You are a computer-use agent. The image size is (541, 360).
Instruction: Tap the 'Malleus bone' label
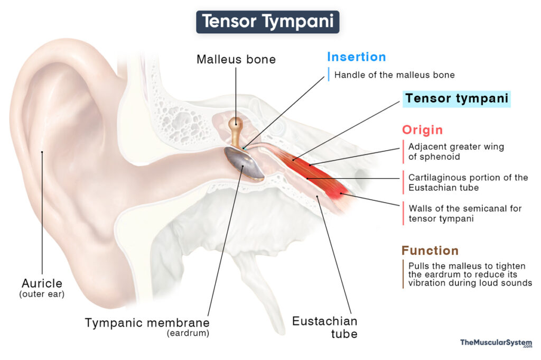(x=236, y=59)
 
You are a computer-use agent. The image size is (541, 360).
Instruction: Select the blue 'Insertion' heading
(x=356, y=57)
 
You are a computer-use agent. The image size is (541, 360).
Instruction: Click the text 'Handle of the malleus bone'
(x=394, y=75)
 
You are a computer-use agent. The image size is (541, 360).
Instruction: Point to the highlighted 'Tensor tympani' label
(x=456, y=99)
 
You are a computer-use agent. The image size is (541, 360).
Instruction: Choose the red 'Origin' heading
(x=422, y=130)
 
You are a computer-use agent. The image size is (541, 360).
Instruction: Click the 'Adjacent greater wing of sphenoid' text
(x=456, y=152)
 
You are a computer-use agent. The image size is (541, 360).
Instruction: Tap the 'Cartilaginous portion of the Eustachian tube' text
(x=468, y=182)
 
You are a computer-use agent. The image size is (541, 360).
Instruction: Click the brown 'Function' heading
(x=430, y=251)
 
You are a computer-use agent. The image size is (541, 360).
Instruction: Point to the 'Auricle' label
(x=42, y=283)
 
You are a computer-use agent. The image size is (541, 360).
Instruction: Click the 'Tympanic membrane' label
(x=147, y=322)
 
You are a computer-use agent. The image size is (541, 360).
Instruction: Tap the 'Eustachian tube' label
(x=325, y=327)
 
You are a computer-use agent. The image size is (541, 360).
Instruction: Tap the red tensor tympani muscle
(x=317, y=174)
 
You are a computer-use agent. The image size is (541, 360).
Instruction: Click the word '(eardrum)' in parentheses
(x=188, y=334)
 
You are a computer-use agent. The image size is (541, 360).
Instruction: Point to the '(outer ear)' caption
(x=42, y=294)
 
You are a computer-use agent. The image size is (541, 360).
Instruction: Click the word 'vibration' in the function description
(x=427, y=283)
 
